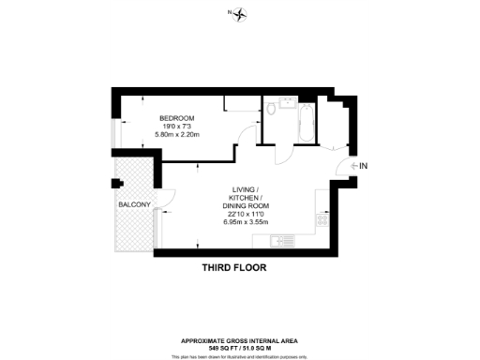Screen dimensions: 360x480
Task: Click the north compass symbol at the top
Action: [x=240, y=12]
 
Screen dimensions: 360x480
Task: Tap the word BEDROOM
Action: [x=175, y=118]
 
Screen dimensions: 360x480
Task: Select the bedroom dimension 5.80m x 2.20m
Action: [x=177, y=135]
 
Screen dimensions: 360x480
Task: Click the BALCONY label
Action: [x=134, y=203]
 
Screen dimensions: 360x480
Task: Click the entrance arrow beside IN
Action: [x=353, y=166]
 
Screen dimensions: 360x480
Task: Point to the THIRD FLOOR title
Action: [x=234, y=268]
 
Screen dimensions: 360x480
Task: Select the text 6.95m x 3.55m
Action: [x=246, y=222]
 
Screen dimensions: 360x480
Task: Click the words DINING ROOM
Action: [x=246, y=205]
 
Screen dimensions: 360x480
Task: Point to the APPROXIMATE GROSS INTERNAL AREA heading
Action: [x=240, y=340]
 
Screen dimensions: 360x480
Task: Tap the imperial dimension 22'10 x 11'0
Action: [x=246, y=214]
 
